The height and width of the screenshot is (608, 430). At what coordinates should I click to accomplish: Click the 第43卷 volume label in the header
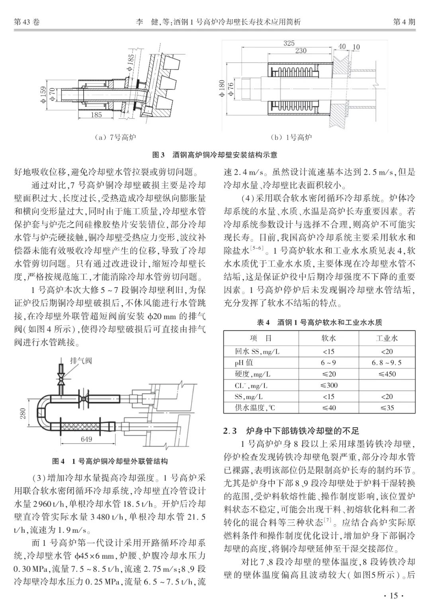(27, 22)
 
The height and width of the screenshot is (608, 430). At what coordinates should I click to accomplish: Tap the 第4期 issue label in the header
(404, 22)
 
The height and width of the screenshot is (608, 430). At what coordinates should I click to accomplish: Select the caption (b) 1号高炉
(291, 138)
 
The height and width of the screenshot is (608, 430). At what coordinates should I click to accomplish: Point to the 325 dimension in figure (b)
(289, 43)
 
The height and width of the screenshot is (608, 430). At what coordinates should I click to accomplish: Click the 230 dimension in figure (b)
(301, 51)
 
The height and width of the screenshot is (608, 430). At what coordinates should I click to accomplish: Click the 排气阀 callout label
(81, 361)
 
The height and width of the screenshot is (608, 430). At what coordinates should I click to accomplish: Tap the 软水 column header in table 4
(328, 338)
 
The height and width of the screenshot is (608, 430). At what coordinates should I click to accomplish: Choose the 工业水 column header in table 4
(387, 338)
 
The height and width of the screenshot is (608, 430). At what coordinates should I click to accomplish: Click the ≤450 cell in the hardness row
(387, 374)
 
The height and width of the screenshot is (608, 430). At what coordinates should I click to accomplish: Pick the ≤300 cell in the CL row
(328, 385)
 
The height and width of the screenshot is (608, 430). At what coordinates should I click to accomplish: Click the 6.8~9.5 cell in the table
(387, 362)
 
